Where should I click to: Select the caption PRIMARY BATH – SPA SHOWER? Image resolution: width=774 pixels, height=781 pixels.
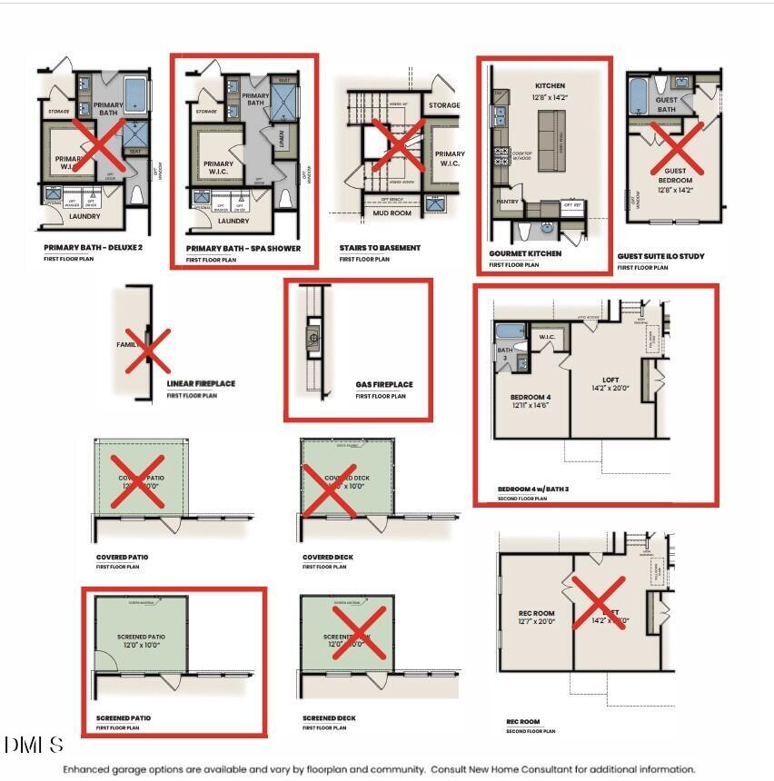pos(243,248)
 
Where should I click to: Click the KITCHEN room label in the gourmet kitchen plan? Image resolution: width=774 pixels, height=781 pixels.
pos(550,86)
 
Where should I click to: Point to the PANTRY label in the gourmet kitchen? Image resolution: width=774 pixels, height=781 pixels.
pos(506,202)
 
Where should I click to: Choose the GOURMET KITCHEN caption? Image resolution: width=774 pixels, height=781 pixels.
pos(524,253)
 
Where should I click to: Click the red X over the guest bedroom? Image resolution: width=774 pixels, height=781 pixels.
pos(676,148)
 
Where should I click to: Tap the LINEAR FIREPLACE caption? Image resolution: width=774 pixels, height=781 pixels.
pos(200,384)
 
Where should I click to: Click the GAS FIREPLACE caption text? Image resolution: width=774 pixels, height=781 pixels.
pos(383,385)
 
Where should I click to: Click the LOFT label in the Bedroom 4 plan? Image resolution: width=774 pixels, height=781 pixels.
pos(610,381)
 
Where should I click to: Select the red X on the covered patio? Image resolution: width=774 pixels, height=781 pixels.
pos(138,481)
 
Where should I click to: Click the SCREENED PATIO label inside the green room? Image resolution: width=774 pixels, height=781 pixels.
pos(140,637)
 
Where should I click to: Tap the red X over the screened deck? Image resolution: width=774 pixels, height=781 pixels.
pos(360,634)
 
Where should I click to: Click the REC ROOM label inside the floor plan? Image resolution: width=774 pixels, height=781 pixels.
pos(536,613)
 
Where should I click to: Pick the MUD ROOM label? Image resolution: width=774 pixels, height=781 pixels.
pos(392,213)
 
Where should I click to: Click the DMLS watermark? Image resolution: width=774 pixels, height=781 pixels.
pos(34,746)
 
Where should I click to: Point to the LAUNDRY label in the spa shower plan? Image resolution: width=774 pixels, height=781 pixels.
pos(233,221)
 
